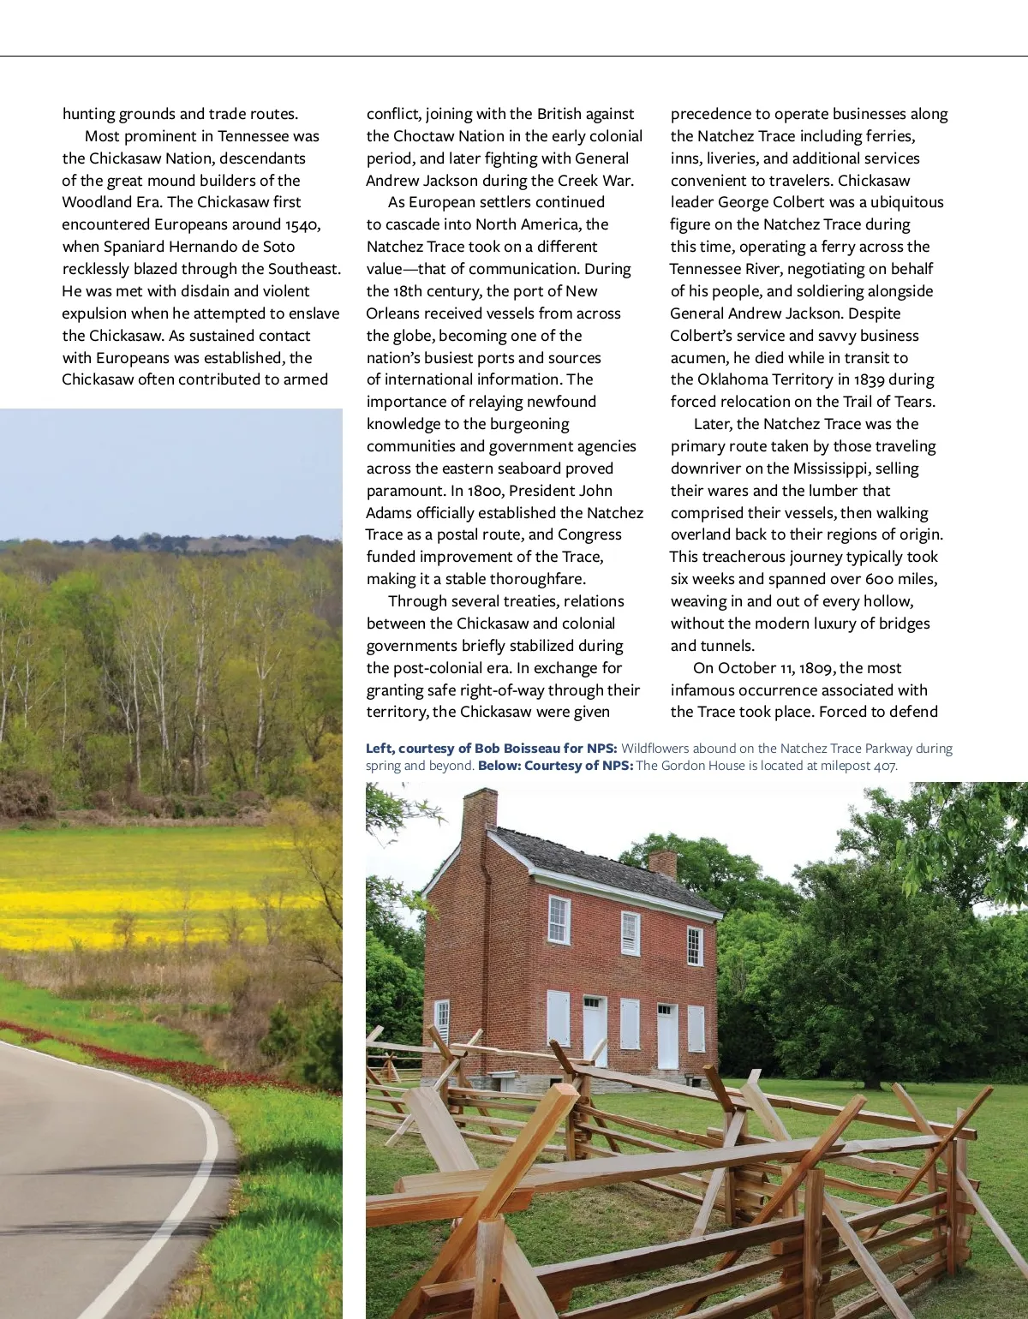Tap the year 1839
(869, 379)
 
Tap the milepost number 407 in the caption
(884, 766)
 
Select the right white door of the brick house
(668, 1036)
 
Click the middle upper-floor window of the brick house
(631, 933)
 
